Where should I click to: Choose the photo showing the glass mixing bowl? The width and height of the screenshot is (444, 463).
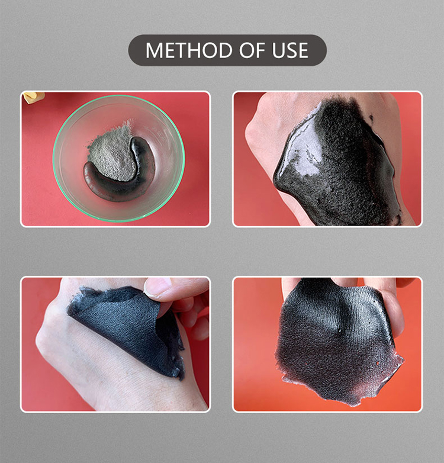click(x=115, y=159)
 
